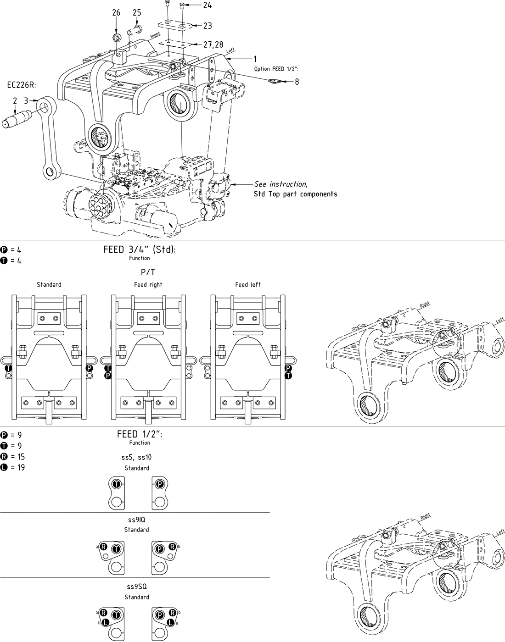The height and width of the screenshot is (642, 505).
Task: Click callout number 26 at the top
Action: coord(116,13)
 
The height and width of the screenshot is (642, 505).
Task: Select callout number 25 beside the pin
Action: coord(137,13)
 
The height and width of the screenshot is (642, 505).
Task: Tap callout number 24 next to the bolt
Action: coord(208,6)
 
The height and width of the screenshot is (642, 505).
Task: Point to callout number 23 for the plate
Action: coord(208,26)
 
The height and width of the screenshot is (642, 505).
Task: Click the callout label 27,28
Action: coord(214,44)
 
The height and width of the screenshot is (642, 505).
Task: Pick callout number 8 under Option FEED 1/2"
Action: coord(297,82)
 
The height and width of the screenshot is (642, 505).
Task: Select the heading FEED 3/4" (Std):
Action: coord(140,250)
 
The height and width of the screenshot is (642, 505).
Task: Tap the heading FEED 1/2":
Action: coord(140,435)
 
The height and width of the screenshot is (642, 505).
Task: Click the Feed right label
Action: coord(148,285)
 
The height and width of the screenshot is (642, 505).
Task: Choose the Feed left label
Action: coord(248,285)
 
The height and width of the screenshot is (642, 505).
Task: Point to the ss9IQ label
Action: coord(136,520)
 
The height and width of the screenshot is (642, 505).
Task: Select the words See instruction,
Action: coord(281,184)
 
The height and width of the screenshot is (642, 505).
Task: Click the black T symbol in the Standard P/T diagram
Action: coord(8,368)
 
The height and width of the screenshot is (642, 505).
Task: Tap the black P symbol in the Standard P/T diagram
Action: coord(89,368)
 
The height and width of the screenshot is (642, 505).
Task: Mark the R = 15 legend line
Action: coord(13,457)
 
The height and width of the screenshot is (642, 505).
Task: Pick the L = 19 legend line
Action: coord(13,468)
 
